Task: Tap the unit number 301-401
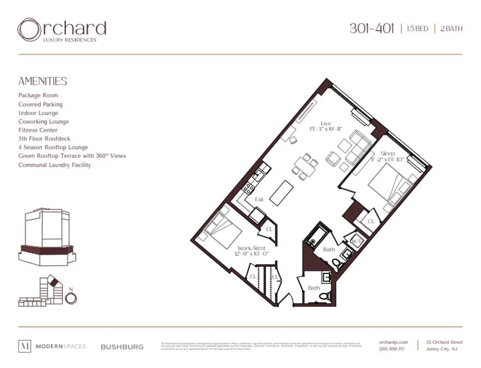[x=372, y=29]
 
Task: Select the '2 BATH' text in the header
[x=452, y=29]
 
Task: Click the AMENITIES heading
[x=43, y=81]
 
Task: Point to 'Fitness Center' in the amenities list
[x=38, y=130]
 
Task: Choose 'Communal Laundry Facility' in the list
[x=55, y=165]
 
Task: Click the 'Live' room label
[x=326, y=123]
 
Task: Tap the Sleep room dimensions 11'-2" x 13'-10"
[x=387, y=159]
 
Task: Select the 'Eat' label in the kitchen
[x=259, y=199]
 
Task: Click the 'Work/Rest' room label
[x=251, y=248]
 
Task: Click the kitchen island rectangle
[x=280, y=192]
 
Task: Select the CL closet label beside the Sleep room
[x=371, y=222]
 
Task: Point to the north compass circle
[x=71, y=298]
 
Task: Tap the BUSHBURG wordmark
[x=122, y=347]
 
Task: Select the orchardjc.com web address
[x=394, y=342]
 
